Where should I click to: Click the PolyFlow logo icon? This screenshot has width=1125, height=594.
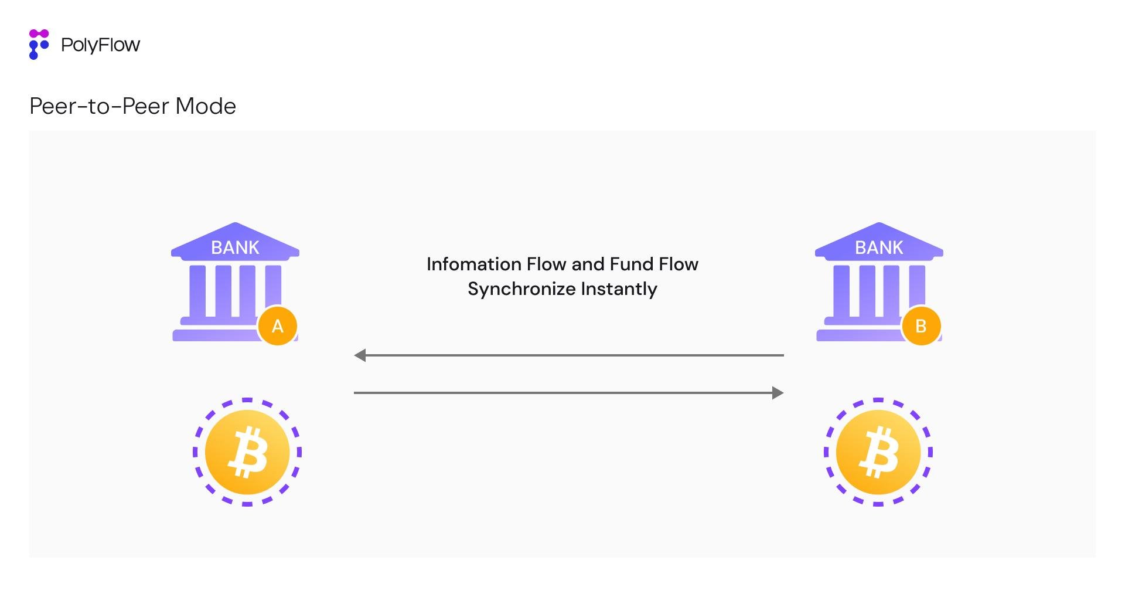(x=39, y=45)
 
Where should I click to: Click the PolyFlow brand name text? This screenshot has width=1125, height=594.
(x=100, y=45)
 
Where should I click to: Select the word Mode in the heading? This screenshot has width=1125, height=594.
(x=206, y=106)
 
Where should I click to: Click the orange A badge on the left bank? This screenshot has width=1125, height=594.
(x=277, y=326)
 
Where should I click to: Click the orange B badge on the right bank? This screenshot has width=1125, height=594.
(x=921, y=326)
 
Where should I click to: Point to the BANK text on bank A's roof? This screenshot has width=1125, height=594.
(x=235, y=247)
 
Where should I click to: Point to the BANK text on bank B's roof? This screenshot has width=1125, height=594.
(x=879, y=247)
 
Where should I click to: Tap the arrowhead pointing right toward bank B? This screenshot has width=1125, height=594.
(x=778, y=393)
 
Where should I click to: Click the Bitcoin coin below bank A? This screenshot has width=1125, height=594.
(x=247, y=452)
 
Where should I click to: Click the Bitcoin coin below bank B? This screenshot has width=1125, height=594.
(x=878, y=452)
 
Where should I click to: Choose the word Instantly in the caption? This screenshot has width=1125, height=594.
(x=619, y=289)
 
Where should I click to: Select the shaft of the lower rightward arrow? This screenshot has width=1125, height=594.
(x=562, y=393)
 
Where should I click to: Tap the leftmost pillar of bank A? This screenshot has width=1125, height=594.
(x=197, y=291)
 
